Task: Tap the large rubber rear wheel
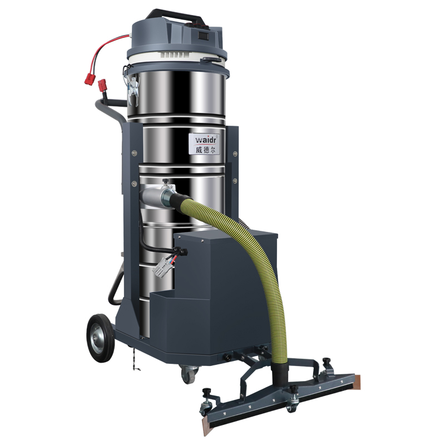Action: (101, 338)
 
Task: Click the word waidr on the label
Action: (205, 140)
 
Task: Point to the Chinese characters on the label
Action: (205, 149)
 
